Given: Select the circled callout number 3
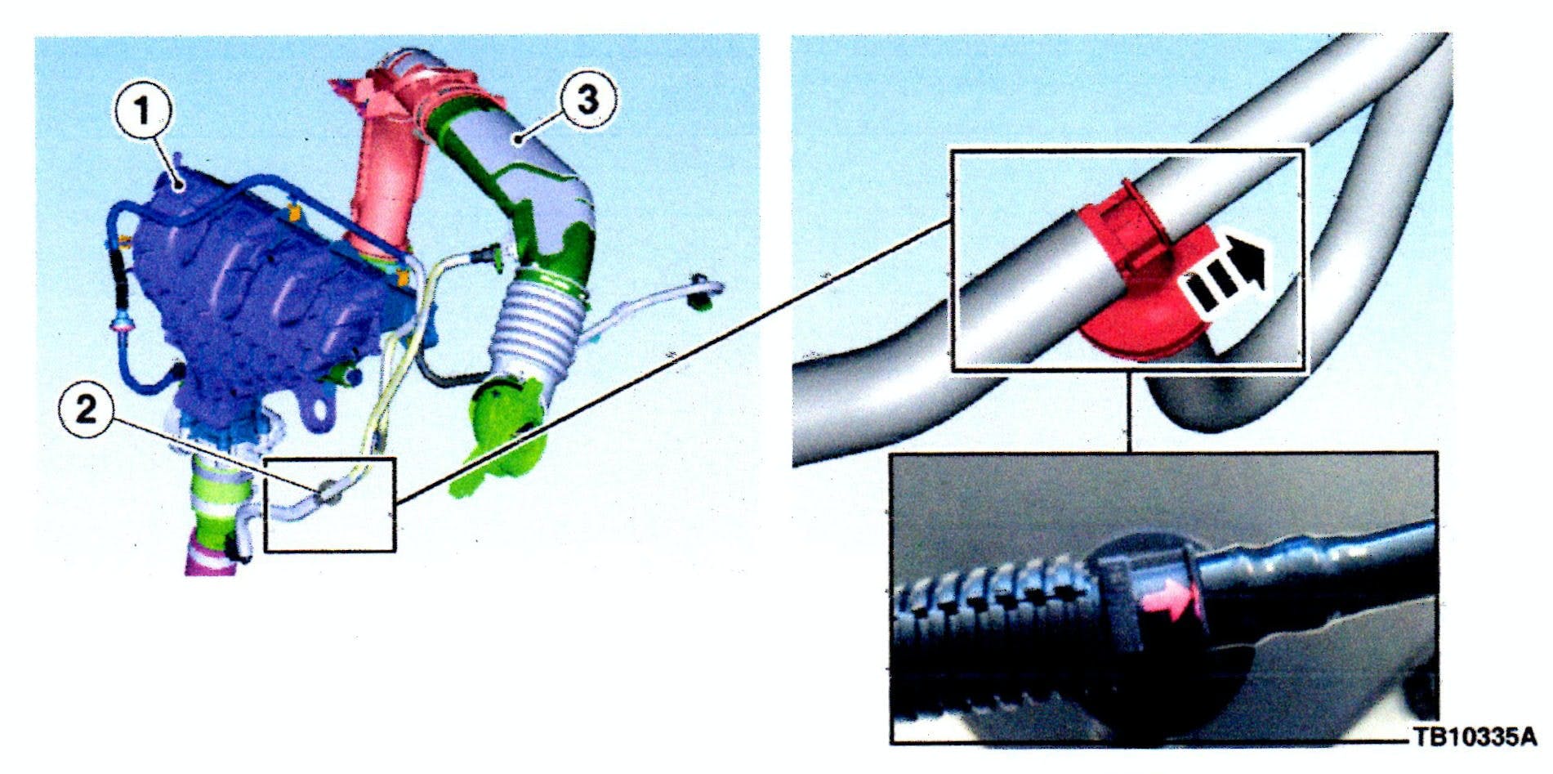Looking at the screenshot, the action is [x=587, y=100].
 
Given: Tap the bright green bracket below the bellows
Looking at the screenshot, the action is [x=507, y=433].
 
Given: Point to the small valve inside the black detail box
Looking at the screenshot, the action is [x=328, y=493].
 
